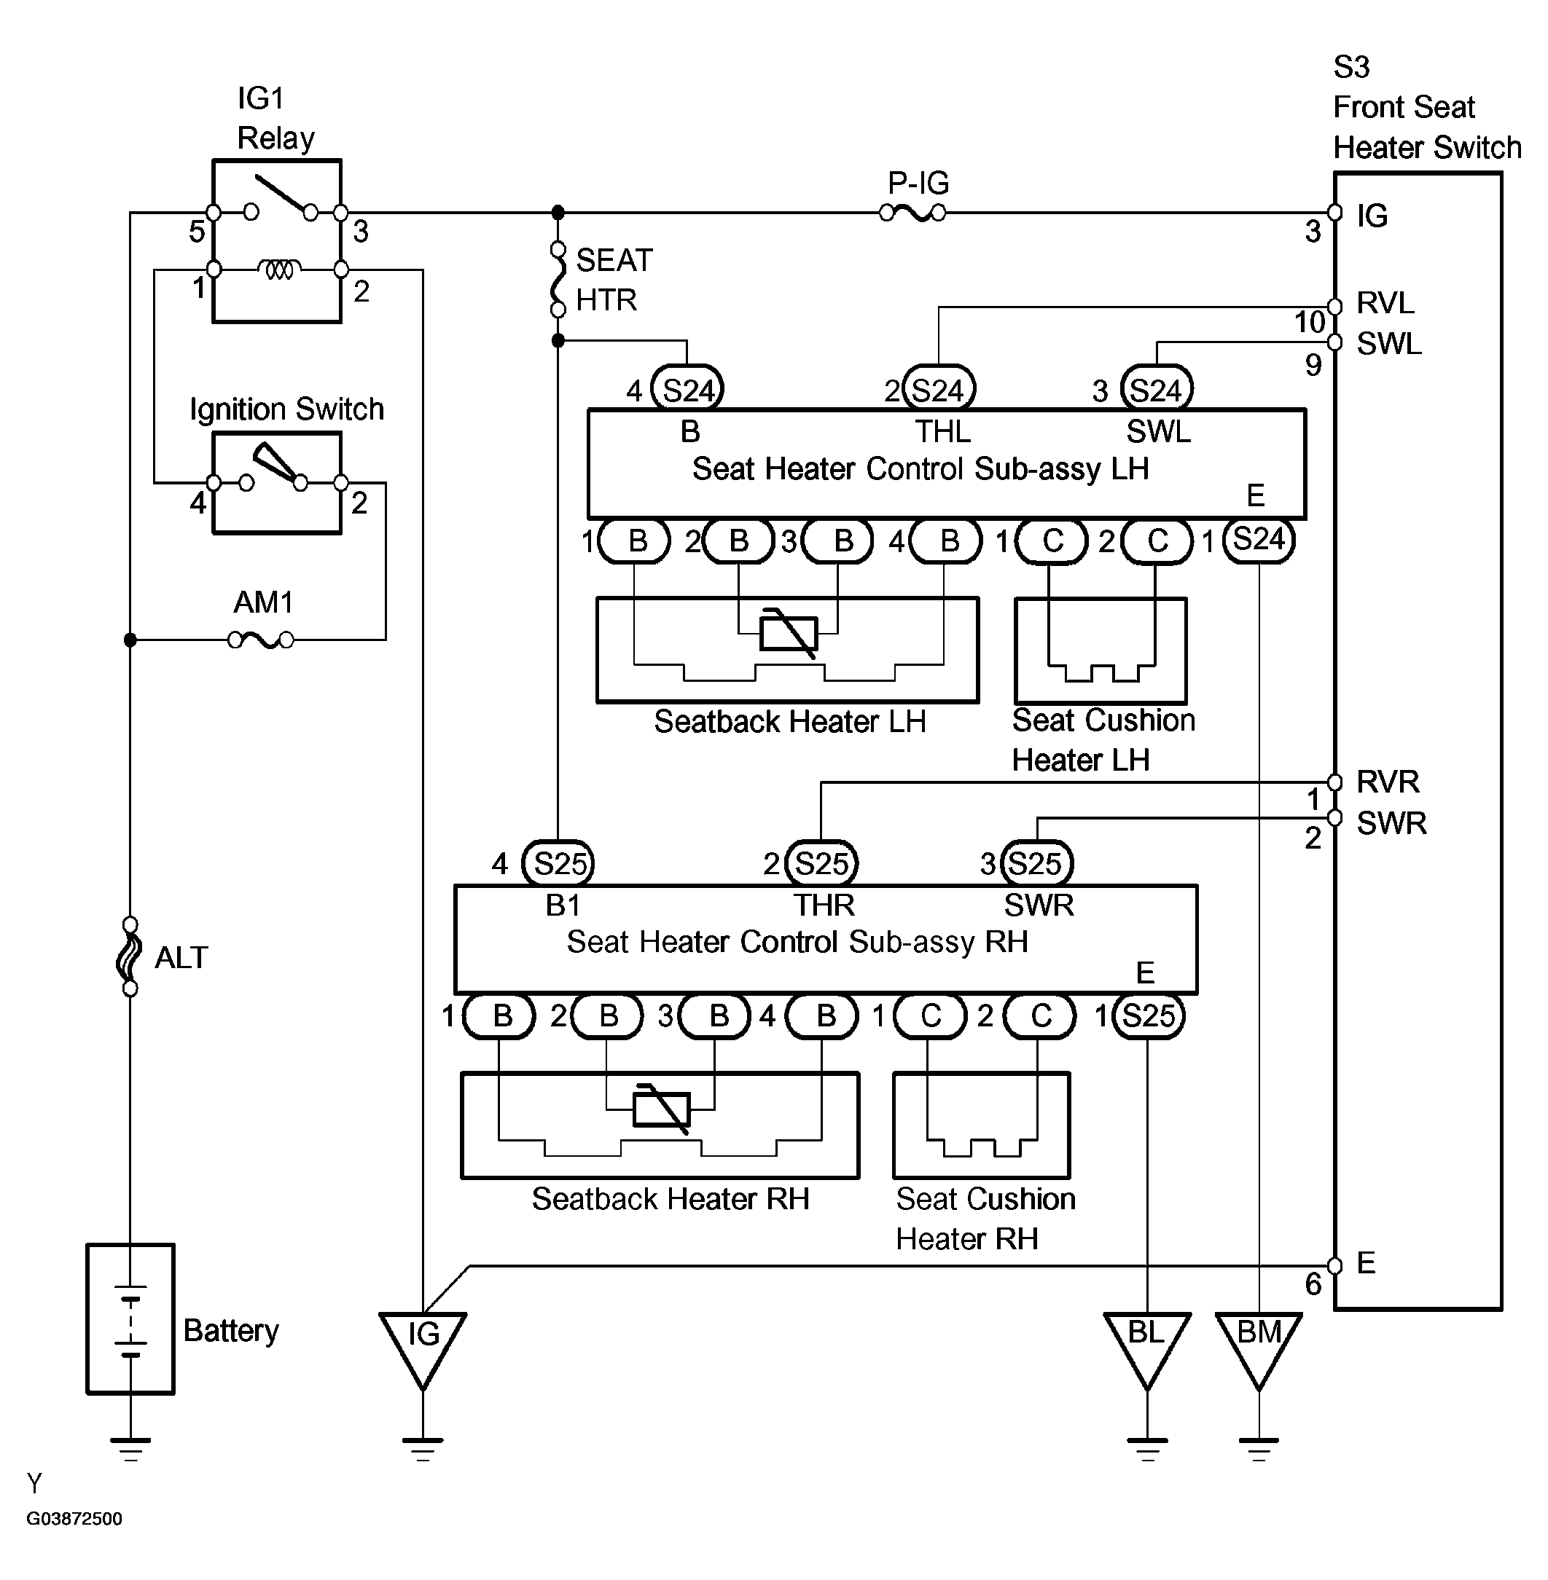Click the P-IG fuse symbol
[x=913, y=213]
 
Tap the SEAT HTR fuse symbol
[x=558, y=279]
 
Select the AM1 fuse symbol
[x=261, y=640]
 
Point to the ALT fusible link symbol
[x=129, y=956]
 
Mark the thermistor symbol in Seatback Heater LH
[x=788, y=633]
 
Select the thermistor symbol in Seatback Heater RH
[x=662, y=1109]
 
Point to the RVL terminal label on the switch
[x=1385, y=303]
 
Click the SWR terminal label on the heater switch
[x=1391, y=823]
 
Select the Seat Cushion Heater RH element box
[x=981, y=1125]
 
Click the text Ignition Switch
[x=286, y=409]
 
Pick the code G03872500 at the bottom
[x=74, y=1519]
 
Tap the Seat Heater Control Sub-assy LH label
[x=920, y=469]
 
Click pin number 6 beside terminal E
[x=1313, y=1284]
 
